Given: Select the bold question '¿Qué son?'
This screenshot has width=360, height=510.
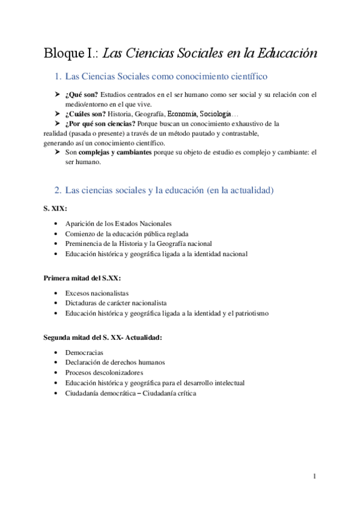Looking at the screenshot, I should (x=82, y=95).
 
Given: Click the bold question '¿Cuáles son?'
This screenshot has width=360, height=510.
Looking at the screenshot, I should (x=87, y=114).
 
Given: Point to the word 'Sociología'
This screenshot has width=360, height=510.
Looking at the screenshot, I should (x=221, y=114).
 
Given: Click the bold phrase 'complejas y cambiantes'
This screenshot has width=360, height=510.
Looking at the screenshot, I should (x=115, y=153).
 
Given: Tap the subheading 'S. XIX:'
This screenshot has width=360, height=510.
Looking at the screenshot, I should (x=55, y=208).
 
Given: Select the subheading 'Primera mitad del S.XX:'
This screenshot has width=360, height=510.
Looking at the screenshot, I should (x=87, y=278).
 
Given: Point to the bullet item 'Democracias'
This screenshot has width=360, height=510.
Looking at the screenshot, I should (x=85, y=352).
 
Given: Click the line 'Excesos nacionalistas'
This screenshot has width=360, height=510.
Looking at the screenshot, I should (x=97, y=293).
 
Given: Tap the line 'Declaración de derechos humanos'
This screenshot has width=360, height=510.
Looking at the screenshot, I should (x=115, y=363).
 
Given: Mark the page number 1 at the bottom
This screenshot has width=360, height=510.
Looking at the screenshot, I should (x=314, y=477).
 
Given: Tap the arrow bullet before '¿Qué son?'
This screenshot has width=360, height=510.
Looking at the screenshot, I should (x=58, y=95).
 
